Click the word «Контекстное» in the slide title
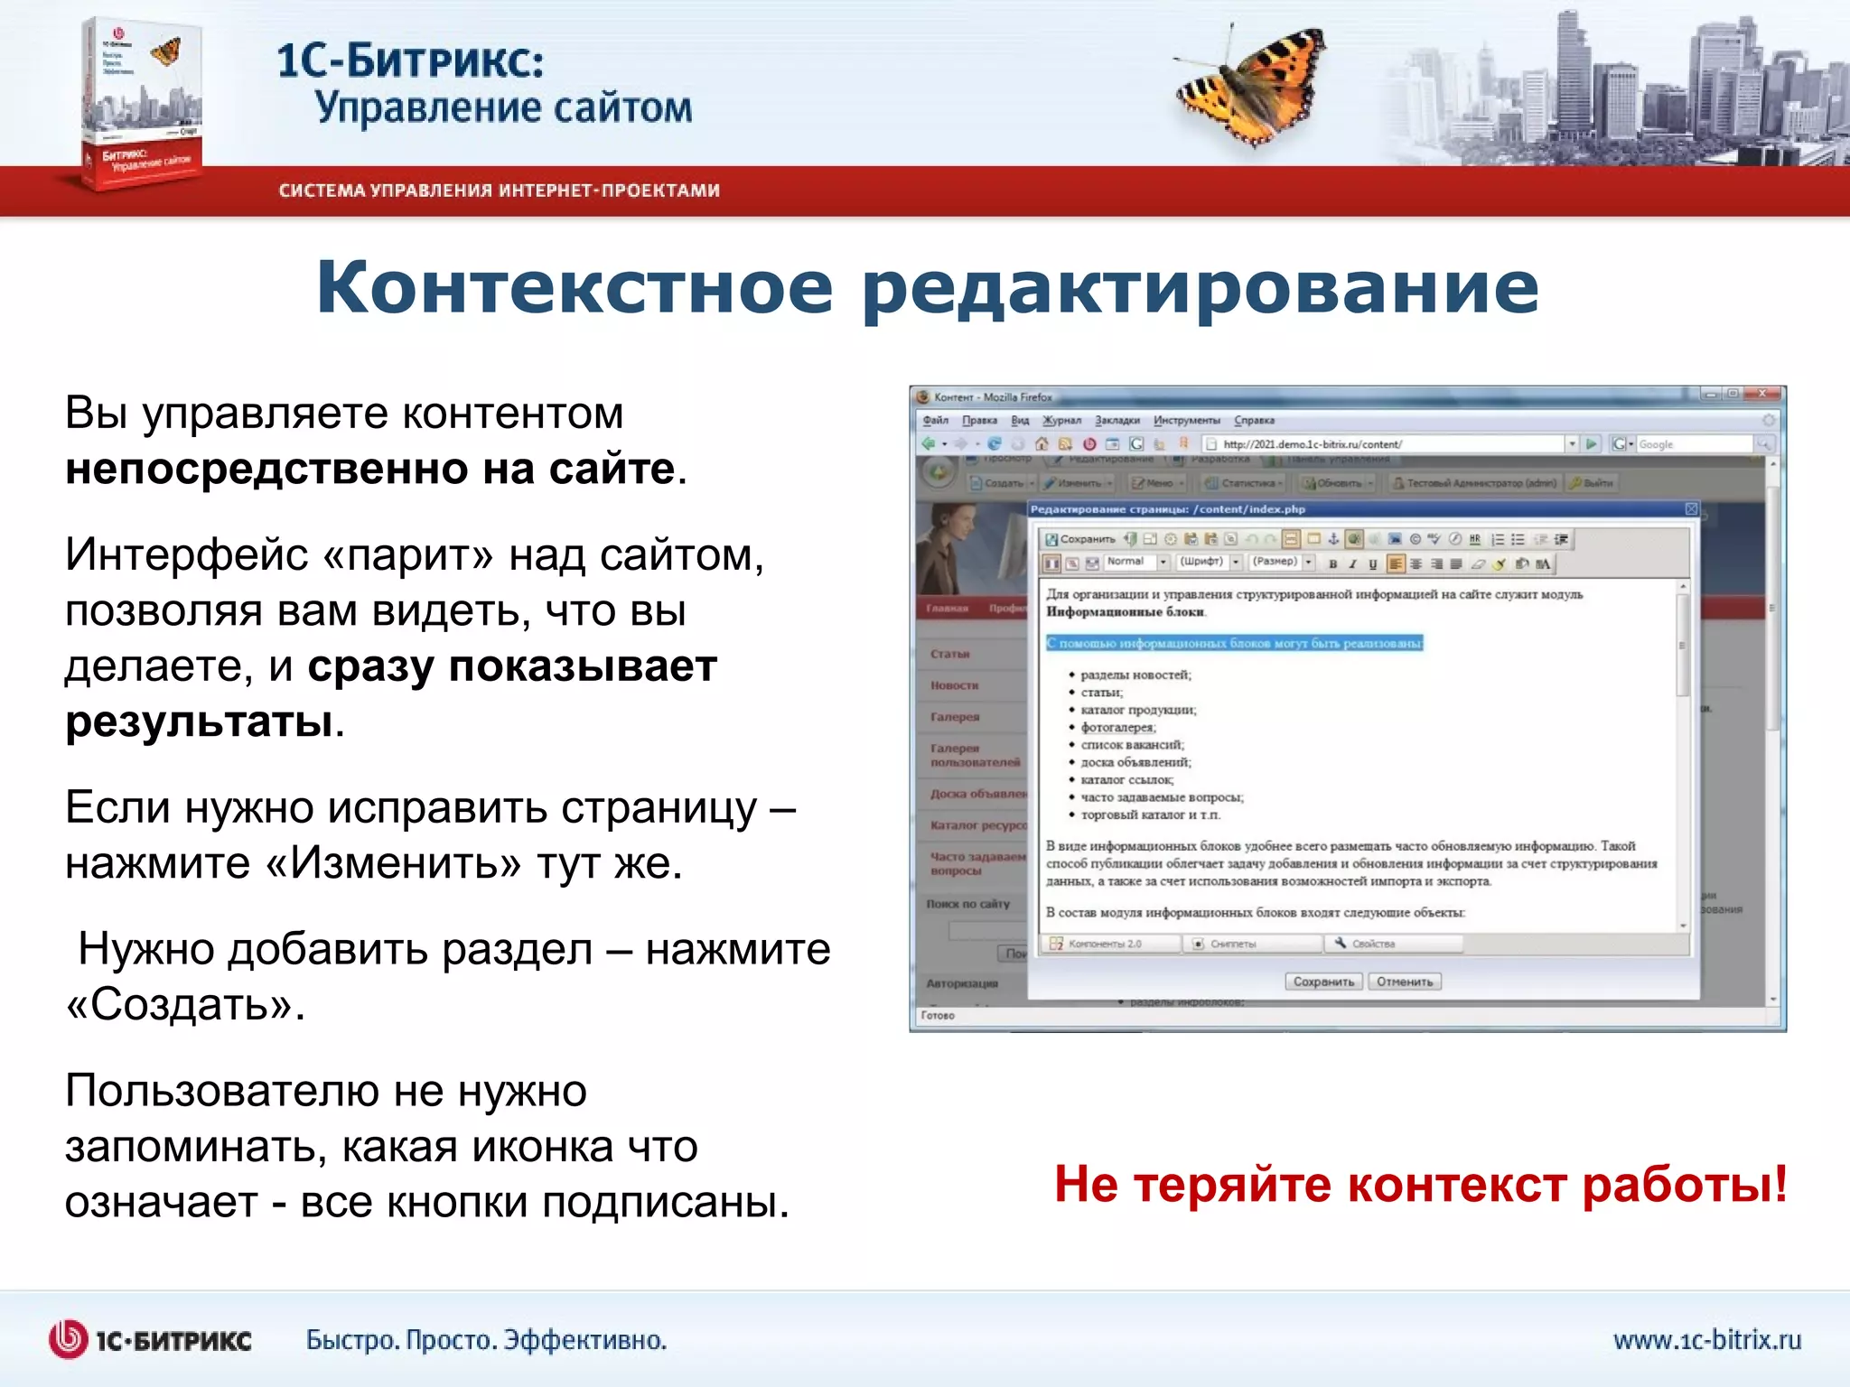coord(574,287)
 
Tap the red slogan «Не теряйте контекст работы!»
coord(1420,1184)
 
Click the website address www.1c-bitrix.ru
coord(1706,1339)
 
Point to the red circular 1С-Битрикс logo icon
coord(68,1339)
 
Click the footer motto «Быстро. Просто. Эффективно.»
coord(486,1340)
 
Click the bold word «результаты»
coord(199,721)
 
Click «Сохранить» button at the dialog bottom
coord(1323,982)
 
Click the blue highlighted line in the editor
coord(1234,643)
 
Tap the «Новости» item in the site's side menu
coord(954,685)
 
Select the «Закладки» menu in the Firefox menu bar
coord(1117,420)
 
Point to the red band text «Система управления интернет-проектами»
coord(499,191)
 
